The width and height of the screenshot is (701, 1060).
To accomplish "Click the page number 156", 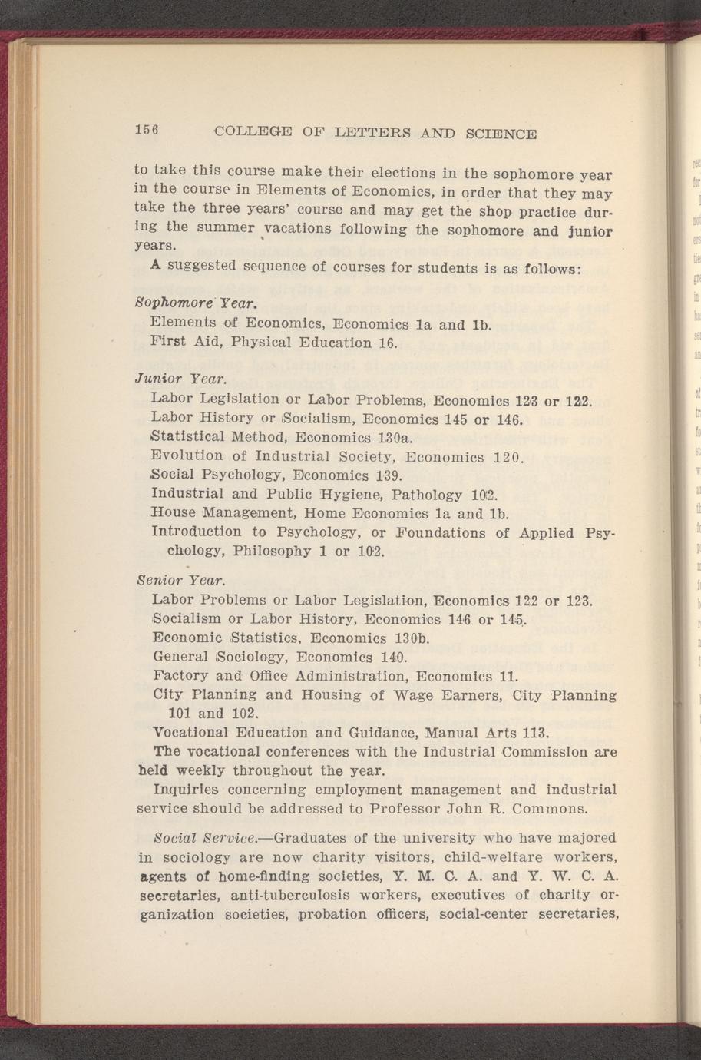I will [x=146, y=130].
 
